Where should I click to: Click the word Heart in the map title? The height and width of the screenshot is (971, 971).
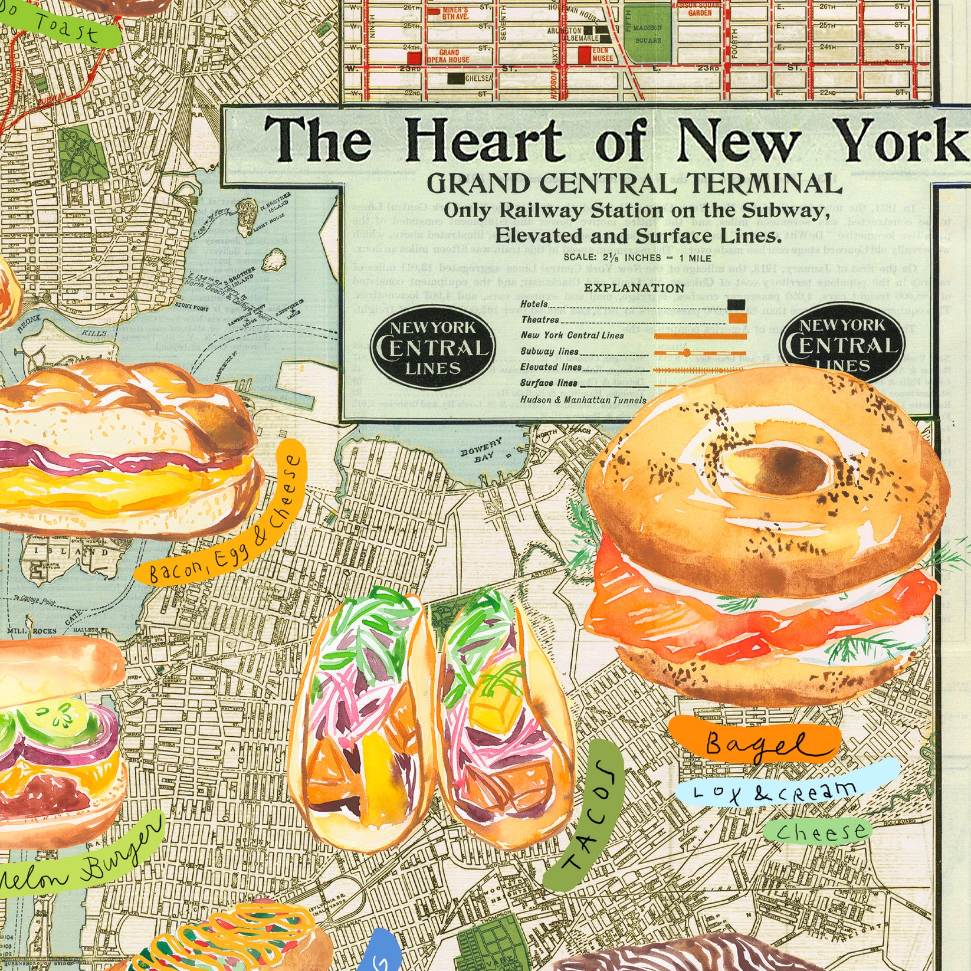pos(484,140)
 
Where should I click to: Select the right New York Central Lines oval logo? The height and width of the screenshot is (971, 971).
pos(842,345)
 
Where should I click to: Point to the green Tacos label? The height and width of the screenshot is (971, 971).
pos(582,813)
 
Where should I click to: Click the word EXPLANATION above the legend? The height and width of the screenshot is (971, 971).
pos(634,288)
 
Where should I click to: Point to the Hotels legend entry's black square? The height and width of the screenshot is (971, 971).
pos(736,305)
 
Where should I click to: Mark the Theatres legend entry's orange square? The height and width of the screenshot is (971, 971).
pos(736,319)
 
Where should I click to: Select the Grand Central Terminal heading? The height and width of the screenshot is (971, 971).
pos(634,185)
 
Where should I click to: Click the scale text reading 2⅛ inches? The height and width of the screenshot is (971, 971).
pos(637,258)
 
